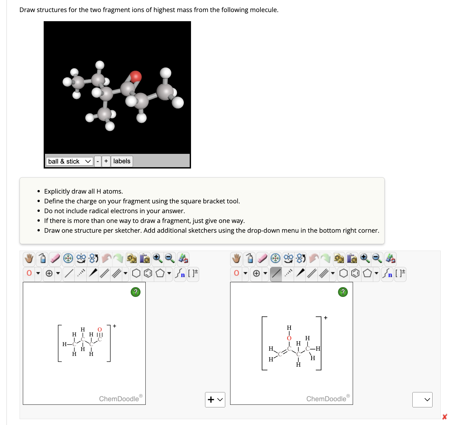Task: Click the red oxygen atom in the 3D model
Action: [x=136, y=76]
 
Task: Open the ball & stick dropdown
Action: [x=69, y=161]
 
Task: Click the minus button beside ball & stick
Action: [x=97, y=161]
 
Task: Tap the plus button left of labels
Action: [x=106, y=161]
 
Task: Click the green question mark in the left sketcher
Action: [x=135, y=292]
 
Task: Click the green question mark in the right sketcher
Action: [x=343, y=292]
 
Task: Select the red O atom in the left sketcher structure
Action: [x=100, y=330]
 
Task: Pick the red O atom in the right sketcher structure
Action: [x=289, y=338]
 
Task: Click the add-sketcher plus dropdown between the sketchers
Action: [x=215, y=400]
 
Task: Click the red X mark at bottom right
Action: [x=444, y=417]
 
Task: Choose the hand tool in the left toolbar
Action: [x=29, y=258]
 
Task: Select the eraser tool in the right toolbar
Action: [x=262, y=258]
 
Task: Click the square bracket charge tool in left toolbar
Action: [x=193, y=273]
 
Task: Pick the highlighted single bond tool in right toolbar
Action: [x=276, y=273]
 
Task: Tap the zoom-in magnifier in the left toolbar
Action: [x=157, y=258]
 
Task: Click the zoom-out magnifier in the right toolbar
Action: [x=377, y=258]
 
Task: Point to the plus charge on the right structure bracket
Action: [x=325, y=318]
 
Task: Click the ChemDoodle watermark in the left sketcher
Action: [x=119, y=399]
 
